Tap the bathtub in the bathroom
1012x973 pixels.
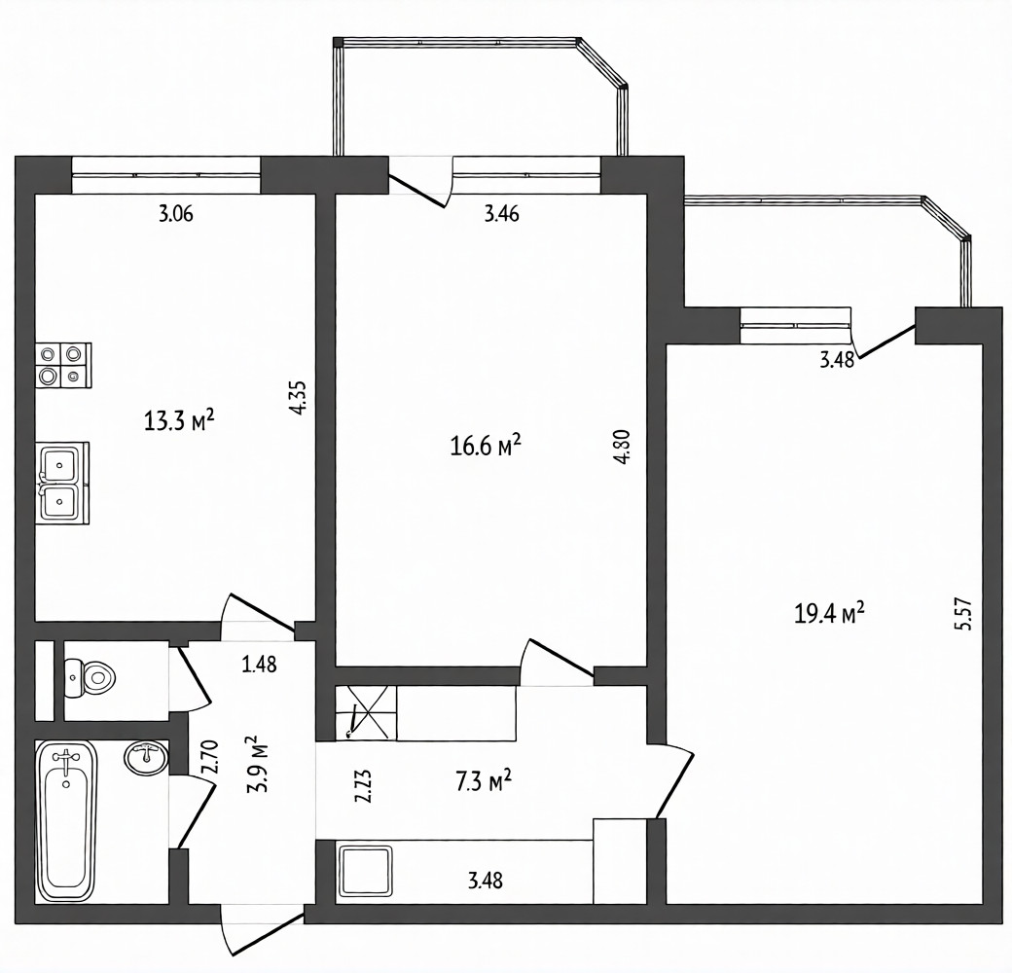coord(66,821)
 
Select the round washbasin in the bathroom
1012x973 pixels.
coord(145,758)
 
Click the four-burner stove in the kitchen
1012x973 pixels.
coord(63,365)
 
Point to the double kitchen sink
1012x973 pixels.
coord(62,483)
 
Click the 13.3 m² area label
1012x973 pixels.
coord(179,421)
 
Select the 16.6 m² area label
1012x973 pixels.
coord(486,446)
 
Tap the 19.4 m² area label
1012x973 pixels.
coord(829,613)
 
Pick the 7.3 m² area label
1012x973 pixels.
coord(484,782)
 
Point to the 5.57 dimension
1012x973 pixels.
coord(961,616)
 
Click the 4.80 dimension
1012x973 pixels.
coord(623,448)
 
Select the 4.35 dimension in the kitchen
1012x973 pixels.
coord(298,398)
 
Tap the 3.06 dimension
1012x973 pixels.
coord(175,213)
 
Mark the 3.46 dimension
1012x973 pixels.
coord(501,213)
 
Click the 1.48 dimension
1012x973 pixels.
coord(260,664)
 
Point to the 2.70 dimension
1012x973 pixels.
coord(211,757)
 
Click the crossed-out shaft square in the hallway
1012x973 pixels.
coord(365,713)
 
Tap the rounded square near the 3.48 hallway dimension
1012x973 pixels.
coord(365,872)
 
